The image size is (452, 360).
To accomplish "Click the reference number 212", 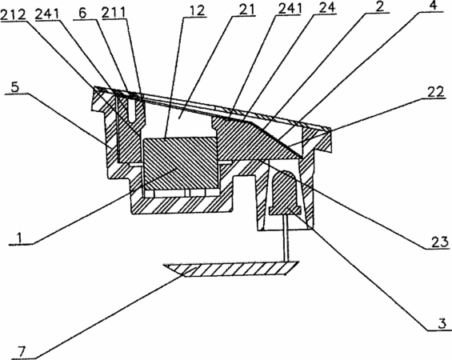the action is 14,14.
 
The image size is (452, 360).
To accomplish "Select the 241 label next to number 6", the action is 47,14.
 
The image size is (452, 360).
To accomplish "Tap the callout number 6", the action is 82,13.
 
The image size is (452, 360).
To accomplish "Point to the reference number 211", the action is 114,12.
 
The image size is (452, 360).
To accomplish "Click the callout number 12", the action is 197,10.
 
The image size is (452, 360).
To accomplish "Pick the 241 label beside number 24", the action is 290,8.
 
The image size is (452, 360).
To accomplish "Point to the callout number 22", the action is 435,92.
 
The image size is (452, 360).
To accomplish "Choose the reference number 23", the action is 440,242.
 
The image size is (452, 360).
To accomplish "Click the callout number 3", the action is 442,323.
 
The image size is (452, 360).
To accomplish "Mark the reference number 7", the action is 22,352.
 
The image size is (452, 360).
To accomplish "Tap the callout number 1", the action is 19,238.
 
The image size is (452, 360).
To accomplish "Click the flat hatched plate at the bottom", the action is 231,269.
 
